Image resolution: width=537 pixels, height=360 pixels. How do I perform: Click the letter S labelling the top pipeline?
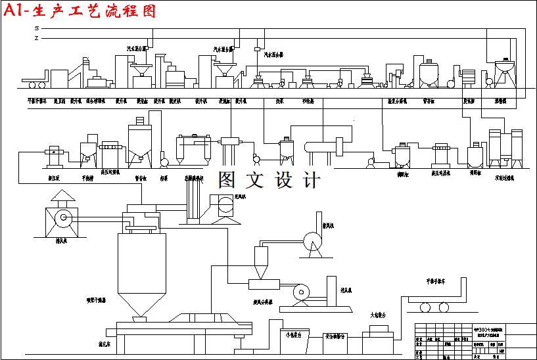tap(37, 28)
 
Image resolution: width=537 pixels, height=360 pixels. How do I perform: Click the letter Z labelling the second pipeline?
tap(37, 38)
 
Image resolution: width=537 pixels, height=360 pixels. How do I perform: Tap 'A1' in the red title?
tap(16, 11)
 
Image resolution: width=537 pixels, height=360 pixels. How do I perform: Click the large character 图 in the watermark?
tap(227, 180)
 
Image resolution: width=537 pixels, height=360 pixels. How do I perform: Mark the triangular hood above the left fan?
tap(63, 196)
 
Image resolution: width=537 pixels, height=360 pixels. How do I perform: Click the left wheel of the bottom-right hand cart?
tap(425, 307)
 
